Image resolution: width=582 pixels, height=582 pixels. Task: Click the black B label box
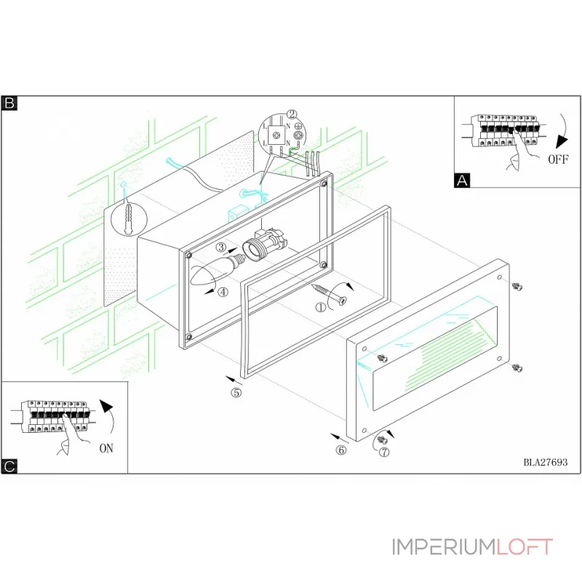coord(9,103)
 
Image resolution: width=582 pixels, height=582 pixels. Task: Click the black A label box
coord(462,180)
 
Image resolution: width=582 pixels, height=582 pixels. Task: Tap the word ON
coord(106,448)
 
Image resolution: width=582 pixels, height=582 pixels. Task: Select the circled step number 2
coord(292,114)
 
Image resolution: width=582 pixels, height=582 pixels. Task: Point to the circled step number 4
coord(223,292)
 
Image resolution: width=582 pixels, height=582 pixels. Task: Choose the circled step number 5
coord(236,393)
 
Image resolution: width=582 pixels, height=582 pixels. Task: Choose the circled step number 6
coord(341,450)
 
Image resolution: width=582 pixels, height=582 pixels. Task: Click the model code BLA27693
coord(545,461)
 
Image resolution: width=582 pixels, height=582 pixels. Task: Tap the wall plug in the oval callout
coord(129,216)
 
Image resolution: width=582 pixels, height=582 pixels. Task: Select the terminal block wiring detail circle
coord(282,137)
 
